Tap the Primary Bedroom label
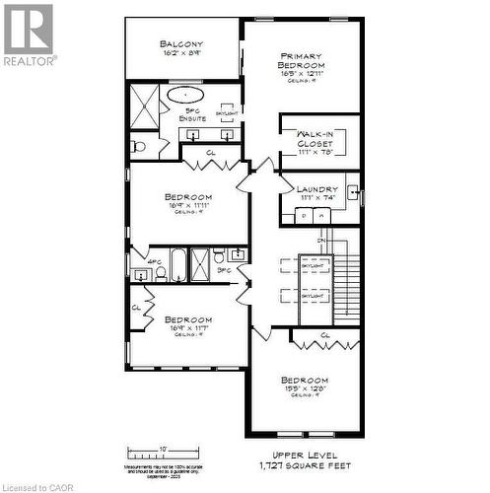point(302,60)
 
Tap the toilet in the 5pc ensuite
point(138,147)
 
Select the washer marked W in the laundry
point(306,214)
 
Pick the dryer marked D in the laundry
point(322,214)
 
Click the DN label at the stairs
point(320,240)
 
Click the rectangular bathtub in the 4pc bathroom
point(178,264)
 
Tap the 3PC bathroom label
point(223,269)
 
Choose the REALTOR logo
point(29,34)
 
